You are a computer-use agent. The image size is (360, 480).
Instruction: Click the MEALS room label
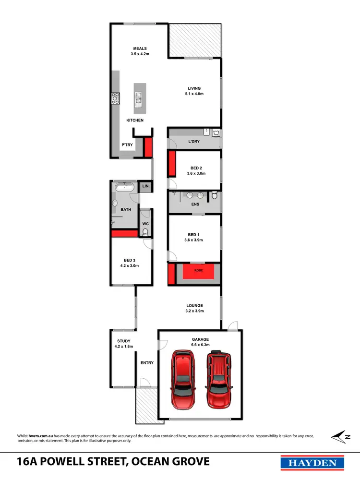point(140,48)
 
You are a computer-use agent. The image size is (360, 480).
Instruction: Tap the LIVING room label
point(194,88)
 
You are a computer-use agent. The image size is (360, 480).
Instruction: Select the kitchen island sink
point(139,98)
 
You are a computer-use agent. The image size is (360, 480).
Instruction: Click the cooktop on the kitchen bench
point(115,98)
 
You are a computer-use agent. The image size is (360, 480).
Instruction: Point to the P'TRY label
point(127,145)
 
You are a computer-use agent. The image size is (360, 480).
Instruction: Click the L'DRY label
point(194,142)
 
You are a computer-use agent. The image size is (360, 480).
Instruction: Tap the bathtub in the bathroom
point(126,187)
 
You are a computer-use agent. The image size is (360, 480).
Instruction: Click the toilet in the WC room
point(145,232)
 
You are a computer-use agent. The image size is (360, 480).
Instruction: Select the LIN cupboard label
point(145,186)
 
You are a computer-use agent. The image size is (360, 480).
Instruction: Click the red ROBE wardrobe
point(198,271)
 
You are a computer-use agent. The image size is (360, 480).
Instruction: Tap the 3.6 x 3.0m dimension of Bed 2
point(196,174)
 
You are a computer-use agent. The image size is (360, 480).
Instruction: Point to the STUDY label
point(123,341)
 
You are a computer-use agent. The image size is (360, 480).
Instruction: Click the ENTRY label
point(147,363)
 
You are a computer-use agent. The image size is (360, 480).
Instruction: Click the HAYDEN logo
point(312,462)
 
